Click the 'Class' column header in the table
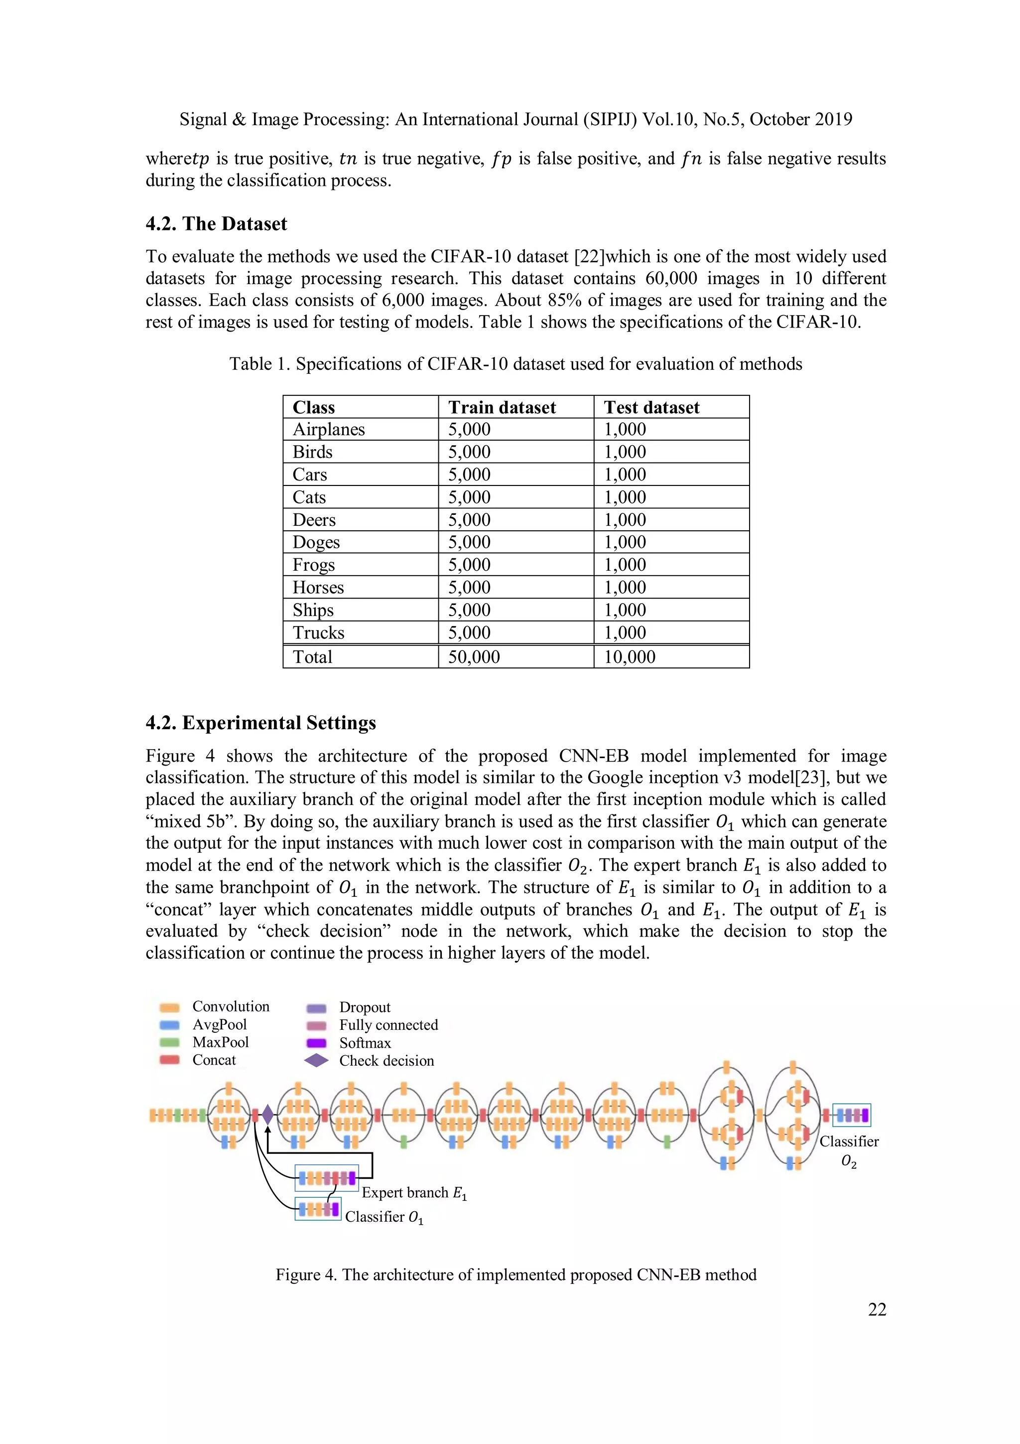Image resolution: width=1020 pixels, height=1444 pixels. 314,408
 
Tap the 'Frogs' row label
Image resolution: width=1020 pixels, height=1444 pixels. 314,565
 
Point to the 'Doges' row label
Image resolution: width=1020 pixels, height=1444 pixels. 316,542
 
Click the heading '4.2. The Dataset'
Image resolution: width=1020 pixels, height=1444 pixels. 216,224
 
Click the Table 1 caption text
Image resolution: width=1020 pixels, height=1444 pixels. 515,364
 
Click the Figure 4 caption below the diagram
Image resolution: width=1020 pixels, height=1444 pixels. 515,1275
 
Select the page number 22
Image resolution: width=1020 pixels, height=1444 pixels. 877,1309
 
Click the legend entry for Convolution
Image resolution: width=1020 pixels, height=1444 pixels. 230,1006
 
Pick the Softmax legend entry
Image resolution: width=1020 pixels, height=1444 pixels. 365,1043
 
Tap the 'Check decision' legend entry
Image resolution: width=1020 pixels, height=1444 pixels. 386,1060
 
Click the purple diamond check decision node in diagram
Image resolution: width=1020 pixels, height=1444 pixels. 268,1115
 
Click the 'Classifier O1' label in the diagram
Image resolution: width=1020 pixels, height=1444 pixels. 383,1217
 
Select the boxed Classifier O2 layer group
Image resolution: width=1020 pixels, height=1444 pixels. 852,1115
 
